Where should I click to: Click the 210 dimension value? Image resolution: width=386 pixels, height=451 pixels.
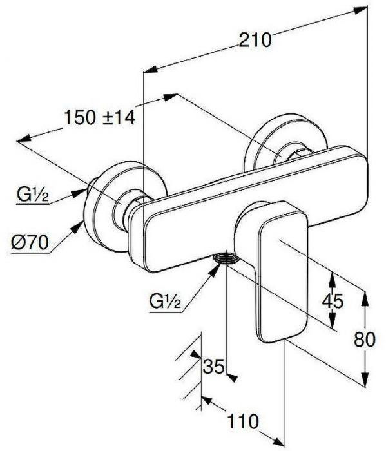[x=255, y=40]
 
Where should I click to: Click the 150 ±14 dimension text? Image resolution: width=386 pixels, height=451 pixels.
[x=99, y=117]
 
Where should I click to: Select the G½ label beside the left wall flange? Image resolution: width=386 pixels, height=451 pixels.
[x=33, y=195]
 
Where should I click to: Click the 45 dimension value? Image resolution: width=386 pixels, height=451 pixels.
[x=333, y=301]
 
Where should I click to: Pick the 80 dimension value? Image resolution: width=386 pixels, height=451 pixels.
[x=365, y=340]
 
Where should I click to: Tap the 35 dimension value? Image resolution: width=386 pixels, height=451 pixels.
[x=213, y=367]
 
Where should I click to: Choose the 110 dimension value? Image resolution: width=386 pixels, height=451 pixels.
[x=243, y=421]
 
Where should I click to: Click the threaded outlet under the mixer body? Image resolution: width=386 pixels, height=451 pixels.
[x=227, y=257]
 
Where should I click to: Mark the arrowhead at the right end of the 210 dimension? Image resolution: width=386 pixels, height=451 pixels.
[x=361, y=11]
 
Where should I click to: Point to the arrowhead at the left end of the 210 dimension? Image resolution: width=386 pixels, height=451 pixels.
[x=150, y=70]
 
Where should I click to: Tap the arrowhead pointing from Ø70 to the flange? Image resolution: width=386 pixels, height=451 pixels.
[x=78, y=227]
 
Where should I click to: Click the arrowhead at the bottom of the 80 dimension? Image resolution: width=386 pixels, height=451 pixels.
[x=365, y=380]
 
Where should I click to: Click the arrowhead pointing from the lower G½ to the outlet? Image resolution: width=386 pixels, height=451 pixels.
[x=215, y=270]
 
